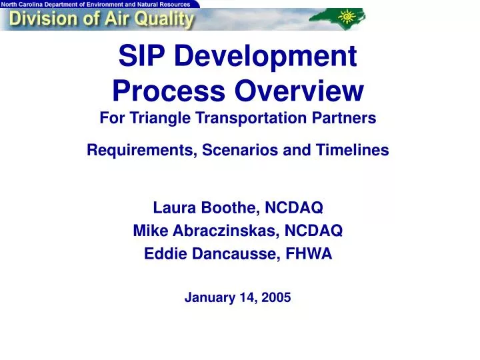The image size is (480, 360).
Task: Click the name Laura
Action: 173,209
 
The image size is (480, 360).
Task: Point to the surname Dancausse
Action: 235,253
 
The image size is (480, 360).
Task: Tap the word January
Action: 207,298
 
